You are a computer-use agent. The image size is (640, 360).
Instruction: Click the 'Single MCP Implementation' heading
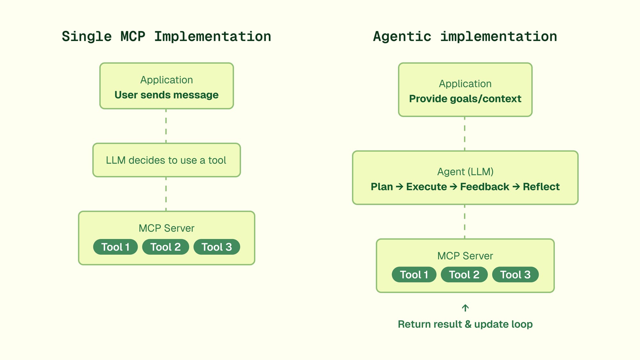pos(166,36)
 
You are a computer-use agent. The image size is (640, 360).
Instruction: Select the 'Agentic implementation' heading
pos(465,36)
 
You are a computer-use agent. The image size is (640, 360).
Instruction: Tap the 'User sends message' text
pos(166,95)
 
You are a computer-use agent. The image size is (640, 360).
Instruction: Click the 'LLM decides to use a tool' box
pos(166,160)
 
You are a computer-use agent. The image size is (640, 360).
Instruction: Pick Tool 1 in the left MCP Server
pos(116,247)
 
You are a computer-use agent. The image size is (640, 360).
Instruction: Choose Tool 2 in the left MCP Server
pos(165,247)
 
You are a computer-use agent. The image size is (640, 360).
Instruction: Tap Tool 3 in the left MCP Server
pos(217,247)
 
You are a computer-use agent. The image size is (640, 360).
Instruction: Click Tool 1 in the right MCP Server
pos(414,275)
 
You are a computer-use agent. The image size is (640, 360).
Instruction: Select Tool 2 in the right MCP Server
pos(464,275)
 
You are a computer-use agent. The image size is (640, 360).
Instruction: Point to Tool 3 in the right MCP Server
pos(515,275)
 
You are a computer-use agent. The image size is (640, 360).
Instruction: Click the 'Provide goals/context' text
pos(465,99)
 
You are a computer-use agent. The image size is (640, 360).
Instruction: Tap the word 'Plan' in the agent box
pos(382,187)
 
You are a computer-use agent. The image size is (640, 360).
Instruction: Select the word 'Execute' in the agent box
pos(427,187)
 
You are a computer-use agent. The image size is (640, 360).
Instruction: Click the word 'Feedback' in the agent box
pos(484,187)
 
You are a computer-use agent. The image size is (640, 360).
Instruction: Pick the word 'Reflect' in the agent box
pos(541,187)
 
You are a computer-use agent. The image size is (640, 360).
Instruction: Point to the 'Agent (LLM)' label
pos(465,172)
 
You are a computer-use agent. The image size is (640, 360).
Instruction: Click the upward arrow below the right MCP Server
pos(465,308)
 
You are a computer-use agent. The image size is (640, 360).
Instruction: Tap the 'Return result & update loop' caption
pos(465,324)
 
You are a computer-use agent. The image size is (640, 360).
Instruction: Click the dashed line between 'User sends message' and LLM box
pos(166,126)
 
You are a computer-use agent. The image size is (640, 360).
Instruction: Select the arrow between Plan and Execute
pos(399,187)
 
